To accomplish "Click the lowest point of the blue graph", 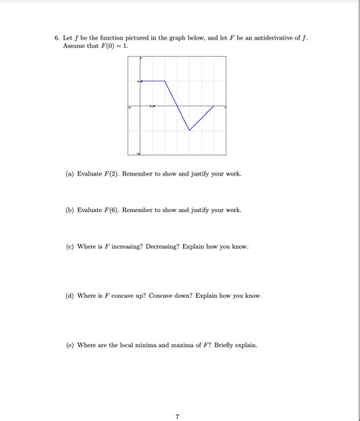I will click(x=190, y=130).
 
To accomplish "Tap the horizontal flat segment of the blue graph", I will click(x=153, y=81).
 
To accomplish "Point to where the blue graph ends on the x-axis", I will click(x=214, y=106).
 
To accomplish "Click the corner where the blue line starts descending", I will click(x=166, y=81).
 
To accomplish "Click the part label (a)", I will click(x=70, y=174).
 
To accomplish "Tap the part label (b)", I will click(x=70, y=210).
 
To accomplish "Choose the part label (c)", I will click(x=70, y=246).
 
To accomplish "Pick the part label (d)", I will click(x=70, y=296).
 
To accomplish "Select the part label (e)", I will click(x=70, y=345).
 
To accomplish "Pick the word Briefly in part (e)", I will click(x=221, y=345).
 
